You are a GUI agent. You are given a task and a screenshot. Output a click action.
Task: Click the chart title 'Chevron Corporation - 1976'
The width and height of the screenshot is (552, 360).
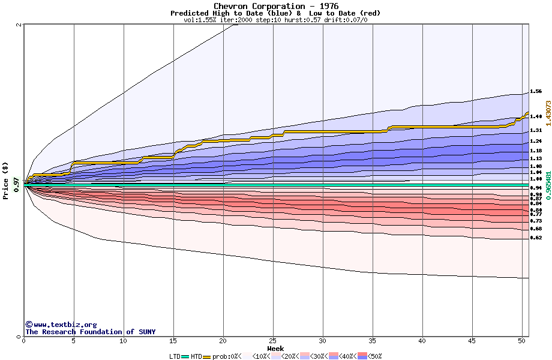coord(275,6)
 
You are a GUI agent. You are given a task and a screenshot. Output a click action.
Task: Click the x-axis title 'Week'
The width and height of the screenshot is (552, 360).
coord(275,348)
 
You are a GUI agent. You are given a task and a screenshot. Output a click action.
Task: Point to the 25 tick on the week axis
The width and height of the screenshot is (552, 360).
coord(273,341)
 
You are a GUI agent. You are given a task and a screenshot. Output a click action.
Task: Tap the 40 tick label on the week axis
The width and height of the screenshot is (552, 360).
coord(422,341)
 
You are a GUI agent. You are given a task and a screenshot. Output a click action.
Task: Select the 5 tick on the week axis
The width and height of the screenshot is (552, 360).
coord(73,341)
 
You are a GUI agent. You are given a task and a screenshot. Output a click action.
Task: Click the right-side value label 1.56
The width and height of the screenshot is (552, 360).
coord(536,92)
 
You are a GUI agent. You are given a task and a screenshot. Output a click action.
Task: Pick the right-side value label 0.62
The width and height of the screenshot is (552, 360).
coord(536,238)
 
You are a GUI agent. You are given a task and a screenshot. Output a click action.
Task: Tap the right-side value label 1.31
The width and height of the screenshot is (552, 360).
coord(536,130)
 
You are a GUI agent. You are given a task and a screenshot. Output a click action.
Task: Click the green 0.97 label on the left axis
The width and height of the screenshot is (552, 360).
coord(17,188)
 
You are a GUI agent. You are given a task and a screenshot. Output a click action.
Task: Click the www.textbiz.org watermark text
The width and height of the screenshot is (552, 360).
coord(64,325)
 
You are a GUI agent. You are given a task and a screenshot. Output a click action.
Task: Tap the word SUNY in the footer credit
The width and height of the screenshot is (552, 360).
coord(146,332)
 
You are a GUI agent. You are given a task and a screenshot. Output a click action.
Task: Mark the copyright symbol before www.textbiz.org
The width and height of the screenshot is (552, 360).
coord(28,325)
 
